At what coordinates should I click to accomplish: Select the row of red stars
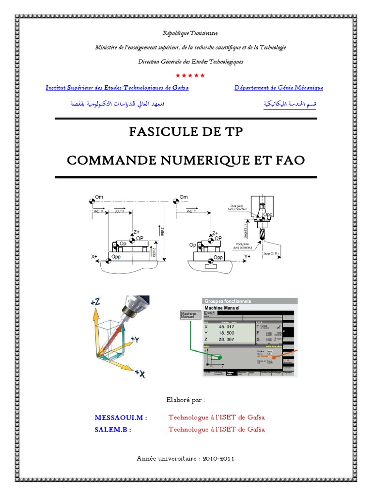tap(190, 75)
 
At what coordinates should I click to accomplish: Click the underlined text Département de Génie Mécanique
tap(279, 88)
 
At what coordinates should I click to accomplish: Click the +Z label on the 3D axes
tap(95, 302)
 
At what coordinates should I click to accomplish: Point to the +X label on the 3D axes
tap(139, 373)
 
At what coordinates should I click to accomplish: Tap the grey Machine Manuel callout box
tap(188, 315)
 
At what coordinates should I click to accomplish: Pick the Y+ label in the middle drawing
tap(248, 255)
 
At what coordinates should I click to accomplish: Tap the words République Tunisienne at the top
tap(189, 33)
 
